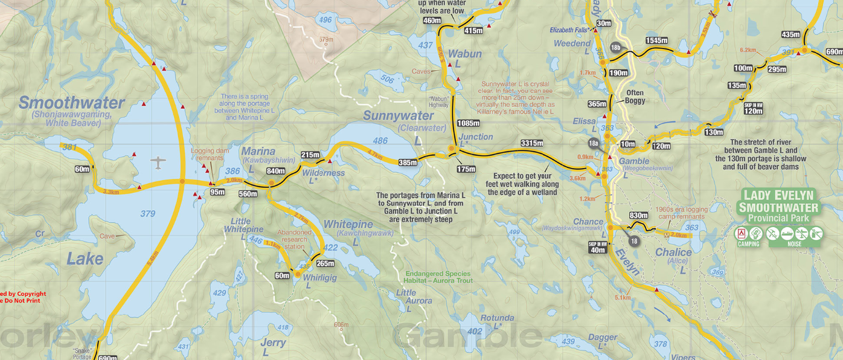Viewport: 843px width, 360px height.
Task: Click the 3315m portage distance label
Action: coord(531,143)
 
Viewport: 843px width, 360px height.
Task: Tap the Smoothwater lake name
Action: coord(71,103)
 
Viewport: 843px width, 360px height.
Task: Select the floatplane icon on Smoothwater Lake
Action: coord(158,162)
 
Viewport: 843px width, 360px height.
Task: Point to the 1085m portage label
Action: coord(469,123)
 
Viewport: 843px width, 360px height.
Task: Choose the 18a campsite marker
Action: coord(594,143)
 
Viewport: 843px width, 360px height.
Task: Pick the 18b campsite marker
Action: coord(615,47)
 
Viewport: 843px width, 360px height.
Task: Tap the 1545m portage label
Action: coord(656,40)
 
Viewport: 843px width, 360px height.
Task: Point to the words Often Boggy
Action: coord(635,97)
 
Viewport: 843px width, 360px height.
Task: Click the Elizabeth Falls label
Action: coord(569,30)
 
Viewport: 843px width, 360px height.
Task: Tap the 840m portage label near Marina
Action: coord(275,171)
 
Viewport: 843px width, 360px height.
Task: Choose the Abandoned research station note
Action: coord(295,239)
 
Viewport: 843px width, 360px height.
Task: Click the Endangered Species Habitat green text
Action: coord(438,278)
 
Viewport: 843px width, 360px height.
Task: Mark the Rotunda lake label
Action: coord(497,318)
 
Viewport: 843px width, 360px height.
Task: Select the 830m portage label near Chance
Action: coord(638,216)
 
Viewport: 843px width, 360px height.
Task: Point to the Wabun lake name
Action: coord(464,54)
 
